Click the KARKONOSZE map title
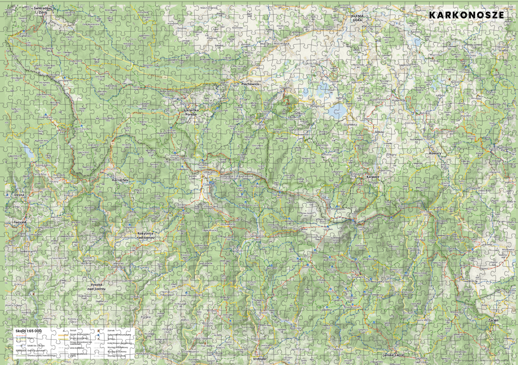tap(466, 15)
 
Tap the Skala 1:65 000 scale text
tap(28, 331)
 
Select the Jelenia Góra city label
tap(357, 18)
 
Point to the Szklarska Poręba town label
tap(191, 112)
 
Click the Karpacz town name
tap(373, 177)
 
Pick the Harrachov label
tap(120, 180)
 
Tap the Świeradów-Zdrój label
tap(43, 10)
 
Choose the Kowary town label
tap(435, 153)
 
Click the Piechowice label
tap(250, 84)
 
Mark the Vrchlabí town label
tap(260, 359)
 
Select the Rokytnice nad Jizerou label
tap(145, 236)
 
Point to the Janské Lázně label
tap(393, 355)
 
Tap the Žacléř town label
tap(493, 320)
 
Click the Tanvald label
tap(20, 223)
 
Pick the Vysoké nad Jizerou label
tap(96, 287)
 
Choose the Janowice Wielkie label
tap(503, 49)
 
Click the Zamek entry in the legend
tap(111, 331)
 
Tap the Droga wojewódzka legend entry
tap(79, 334)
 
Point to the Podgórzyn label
tap(317, 106)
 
